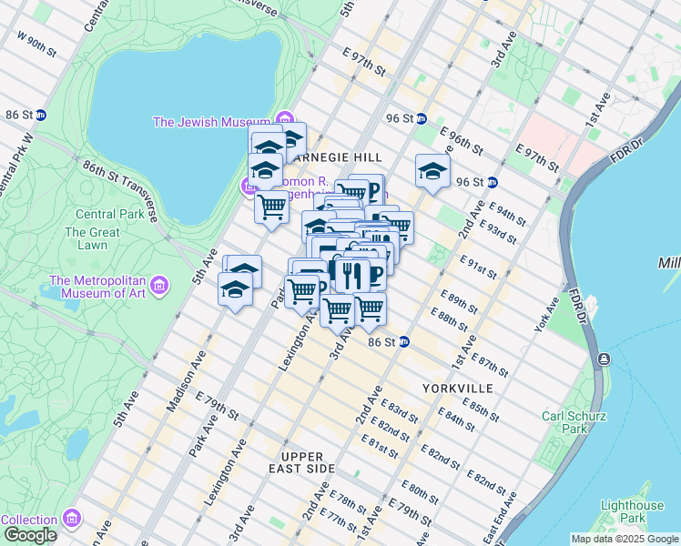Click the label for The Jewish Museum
(211, 122)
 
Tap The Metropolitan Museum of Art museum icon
(161, 288)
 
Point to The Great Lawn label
(92, 238)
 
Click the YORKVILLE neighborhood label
(457, 389)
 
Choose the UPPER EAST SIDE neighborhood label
(308, 462)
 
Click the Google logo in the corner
(30, 535)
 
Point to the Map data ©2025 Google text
(625, 539)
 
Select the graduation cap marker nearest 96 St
(432, 170)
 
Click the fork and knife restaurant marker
(351, 272)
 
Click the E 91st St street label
(480, 270)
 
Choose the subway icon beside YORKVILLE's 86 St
(404, 342)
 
